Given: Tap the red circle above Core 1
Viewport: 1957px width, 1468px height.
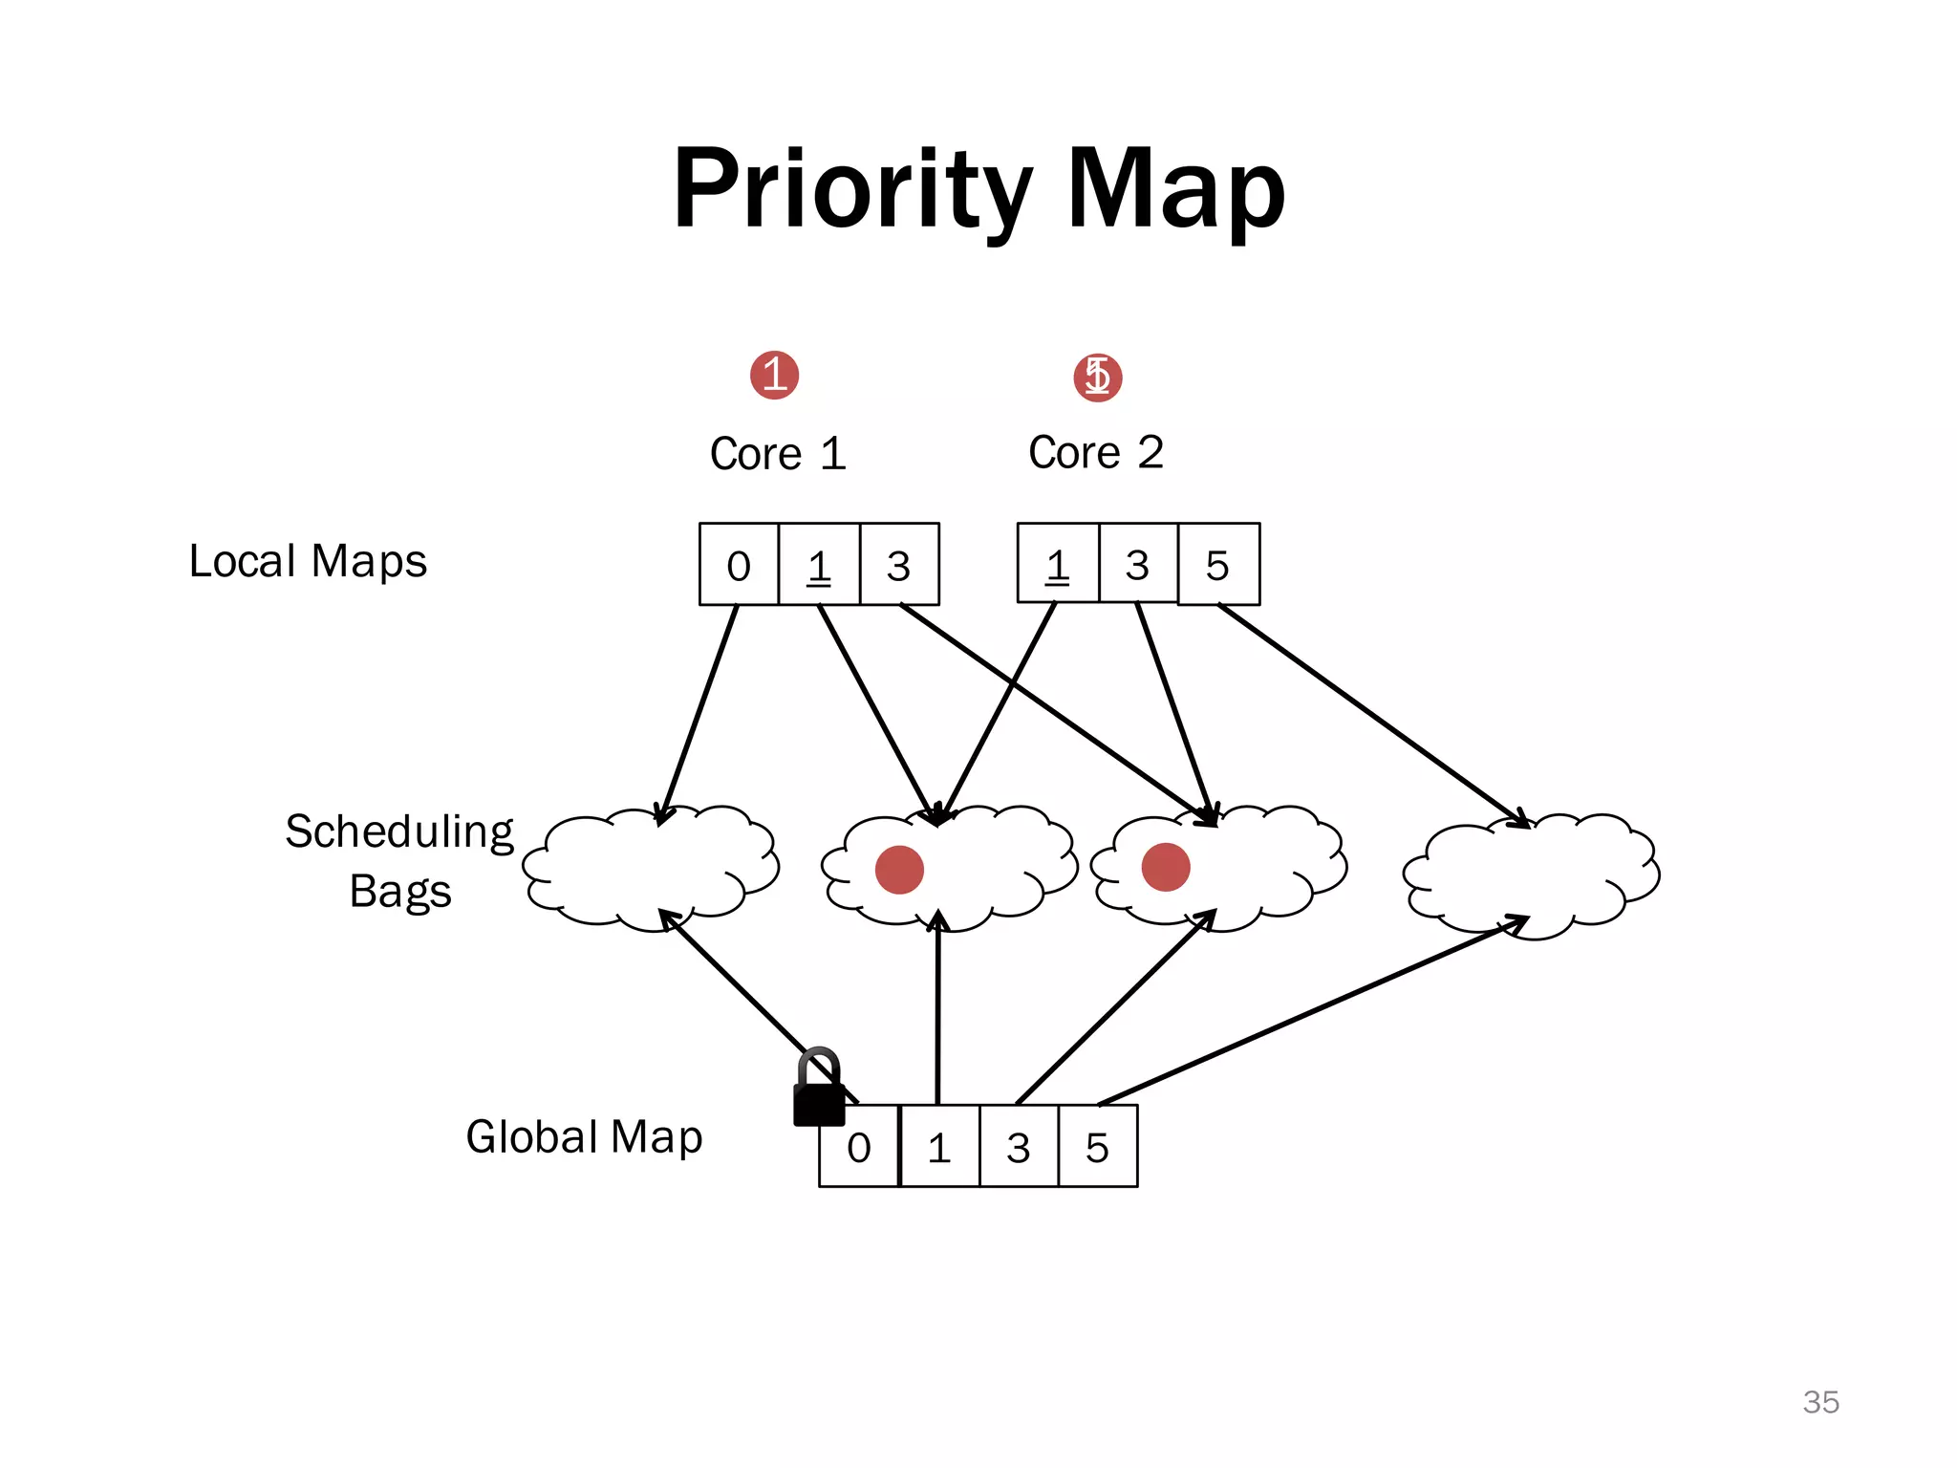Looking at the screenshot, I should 774,375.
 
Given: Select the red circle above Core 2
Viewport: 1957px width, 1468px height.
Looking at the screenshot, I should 1097,377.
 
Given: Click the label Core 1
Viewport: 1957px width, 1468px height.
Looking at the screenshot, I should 778,453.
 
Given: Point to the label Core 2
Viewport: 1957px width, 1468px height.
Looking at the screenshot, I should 1096,452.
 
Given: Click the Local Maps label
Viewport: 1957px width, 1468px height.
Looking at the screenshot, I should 308,561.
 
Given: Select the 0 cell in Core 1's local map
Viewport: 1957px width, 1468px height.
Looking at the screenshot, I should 739,565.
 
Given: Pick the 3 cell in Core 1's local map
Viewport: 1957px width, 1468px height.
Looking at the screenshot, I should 898,565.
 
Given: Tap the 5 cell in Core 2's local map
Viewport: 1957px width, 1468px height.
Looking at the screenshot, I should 1217,565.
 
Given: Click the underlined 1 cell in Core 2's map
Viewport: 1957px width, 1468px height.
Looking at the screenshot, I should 1057,565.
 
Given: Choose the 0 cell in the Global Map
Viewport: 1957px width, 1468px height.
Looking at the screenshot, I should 859,1146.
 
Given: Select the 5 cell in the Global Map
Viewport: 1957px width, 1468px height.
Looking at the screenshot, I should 1097,1146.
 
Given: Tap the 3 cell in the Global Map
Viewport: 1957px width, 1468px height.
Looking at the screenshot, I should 1019,1146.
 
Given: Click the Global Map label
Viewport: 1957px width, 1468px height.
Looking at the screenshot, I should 584,1137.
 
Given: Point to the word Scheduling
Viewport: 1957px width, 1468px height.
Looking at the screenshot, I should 399,831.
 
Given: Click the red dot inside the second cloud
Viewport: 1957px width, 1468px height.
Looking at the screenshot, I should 899,869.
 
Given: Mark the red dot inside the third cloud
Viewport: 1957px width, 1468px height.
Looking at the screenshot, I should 1166,867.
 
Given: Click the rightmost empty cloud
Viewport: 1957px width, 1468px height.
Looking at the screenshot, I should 1531,874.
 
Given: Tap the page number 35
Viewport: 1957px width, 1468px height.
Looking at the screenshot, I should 1820,1402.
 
